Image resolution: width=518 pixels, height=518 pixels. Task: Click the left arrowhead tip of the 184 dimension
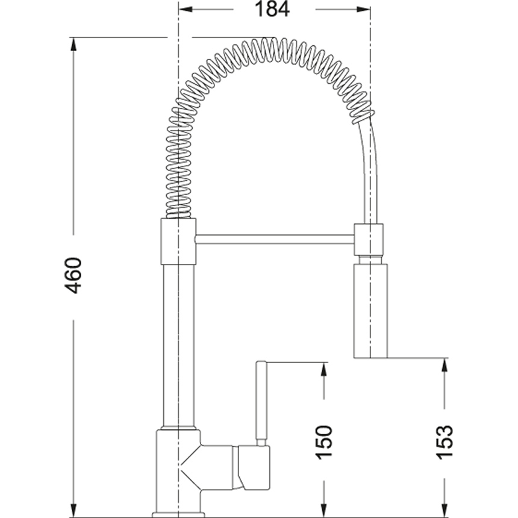pos(179,9)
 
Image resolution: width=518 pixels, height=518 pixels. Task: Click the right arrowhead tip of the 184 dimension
pos(370,9)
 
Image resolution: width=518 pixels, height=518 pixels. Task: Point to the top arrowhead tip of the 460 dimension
pos(73,37)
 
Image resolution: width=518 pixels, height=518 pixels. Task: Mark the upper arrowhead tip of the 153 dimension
pos(445,358)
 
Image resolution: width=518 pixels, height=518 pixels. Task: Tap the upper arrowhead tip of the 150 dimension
pos(324,363)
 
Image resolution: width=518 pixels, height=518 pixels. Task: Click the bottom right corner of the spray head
pos(387,358)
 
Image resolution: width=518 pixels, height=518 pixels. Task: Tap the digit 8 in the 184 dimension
pos(272,9)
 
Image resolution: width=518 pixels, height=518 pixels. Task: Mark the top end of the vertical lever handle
pos(261,361)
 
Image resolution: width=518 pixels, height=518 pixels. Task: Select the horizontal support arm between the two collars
pos(275,239)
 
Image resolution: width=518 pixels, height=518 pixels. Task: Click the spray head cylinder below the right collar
pos(370,311)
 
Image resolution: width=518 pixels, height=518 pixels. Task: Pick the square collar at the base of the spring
pos(178,242)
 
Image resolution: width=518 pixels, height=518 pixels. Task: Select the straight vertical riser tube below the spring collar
pos(178,345)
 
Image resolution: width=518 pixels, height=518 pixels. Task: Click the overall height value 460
pos(73,275)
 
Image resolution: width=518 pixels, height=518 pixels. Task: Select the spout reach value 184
pos(272,9)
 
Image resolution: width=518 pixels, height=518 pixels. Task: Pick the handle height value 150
pos(324,442)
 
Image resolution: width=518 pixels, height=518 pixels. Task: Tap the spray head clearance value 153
pos(445,442)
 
